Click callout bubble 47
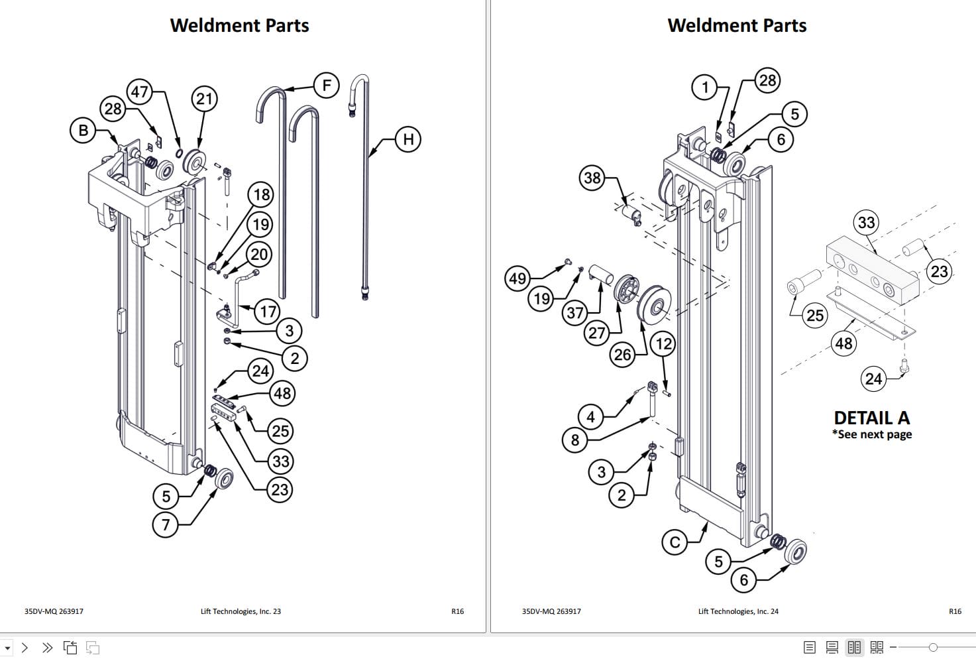(139, 91)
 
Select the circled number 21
(204, 99)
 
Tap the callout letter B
(83, 130)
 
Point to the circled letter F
(326, 86)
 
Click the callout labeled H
(408, 139)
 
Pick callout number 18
(262, 195)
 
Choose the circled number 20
(259, 255)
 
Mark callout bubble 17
(268, 312)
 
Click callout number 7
(166, 525)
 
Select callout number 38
(592, 178)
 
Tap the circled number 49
(517, 278)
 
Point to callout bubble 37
(575, 313)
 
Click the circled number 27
(597, 332)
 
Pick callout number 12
(663, 343)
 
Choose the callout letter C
(675, 542)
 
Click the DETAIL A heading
(871, 418)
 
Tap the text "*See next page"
(872, 435)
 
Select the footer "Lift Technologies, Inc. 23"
(241, 611)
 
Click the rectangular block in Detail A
(871, 272)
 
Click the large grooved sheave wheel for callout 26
(654, 307)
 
